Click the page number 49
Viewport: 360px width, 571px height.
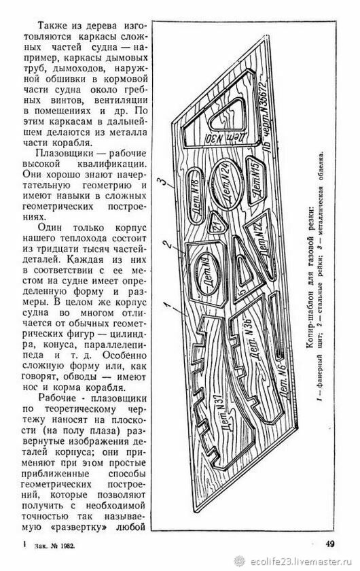[330, 544]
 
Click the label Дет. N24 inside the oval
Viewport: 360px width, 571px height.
[227, 186]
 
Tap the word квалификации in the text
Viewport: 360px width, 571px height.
[111, 164]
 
